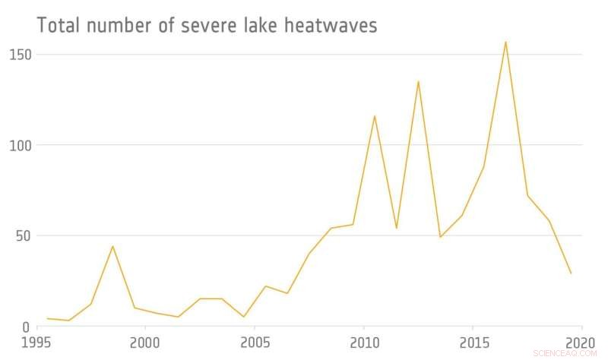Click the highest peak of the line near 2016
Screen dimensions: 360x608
[505, 42]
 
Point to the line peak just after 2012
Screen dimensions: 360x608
[418, 81]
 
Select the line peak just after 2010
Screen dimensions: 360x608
[375, 115]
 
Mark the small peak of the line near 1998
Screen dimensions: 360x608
[112, 246]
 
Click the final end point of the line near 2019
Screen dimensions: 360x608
[571, 273]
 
